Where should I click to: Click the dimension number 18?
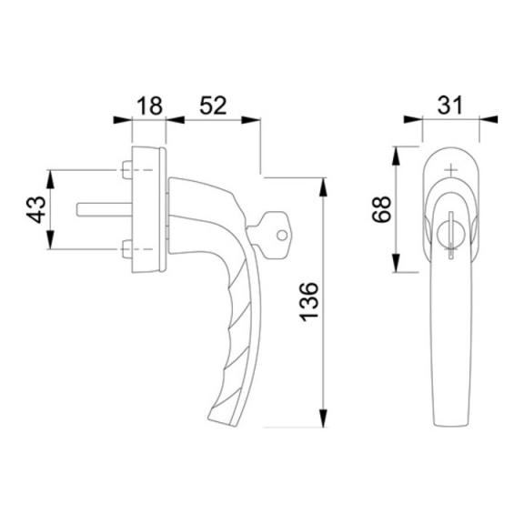150,106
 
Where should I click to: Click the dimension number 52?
213,106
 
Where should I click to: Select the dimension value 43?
36,209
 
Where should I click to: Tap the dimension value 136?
309,302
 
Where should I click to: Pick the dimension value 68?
381,209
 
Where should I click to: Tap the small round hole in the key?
282,236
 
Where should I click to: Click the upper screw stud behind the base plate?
127,170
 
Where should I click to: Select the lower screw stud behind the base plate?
127,249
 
